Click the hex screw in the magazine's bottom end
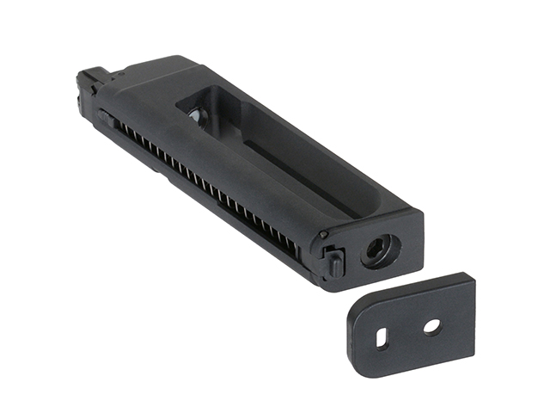(x=379, y=250)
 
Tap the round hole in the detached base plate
(x=431, y=326)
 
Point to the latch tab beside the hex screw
(x=334, y=260)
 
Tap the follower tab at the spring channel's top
(x=106, y=116)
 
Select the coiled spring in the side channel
(x=206, y=186)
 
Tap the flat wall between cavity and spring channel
(x=241, y=176)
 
